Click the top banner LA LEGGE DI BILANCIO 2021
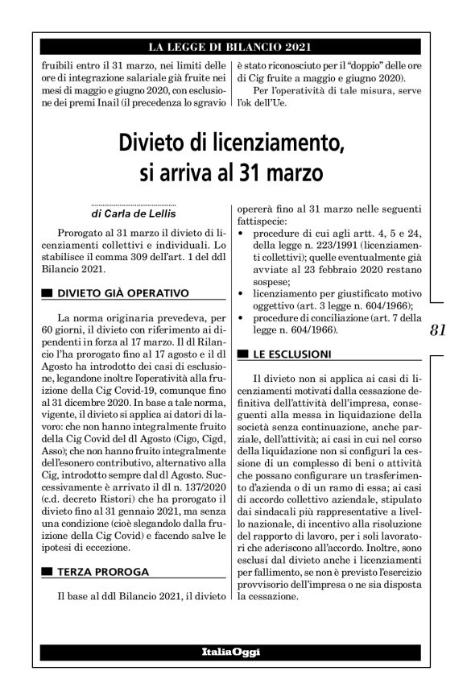click(x=225, y=46)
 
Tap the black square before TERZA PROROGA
click(x=48, y=573)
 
